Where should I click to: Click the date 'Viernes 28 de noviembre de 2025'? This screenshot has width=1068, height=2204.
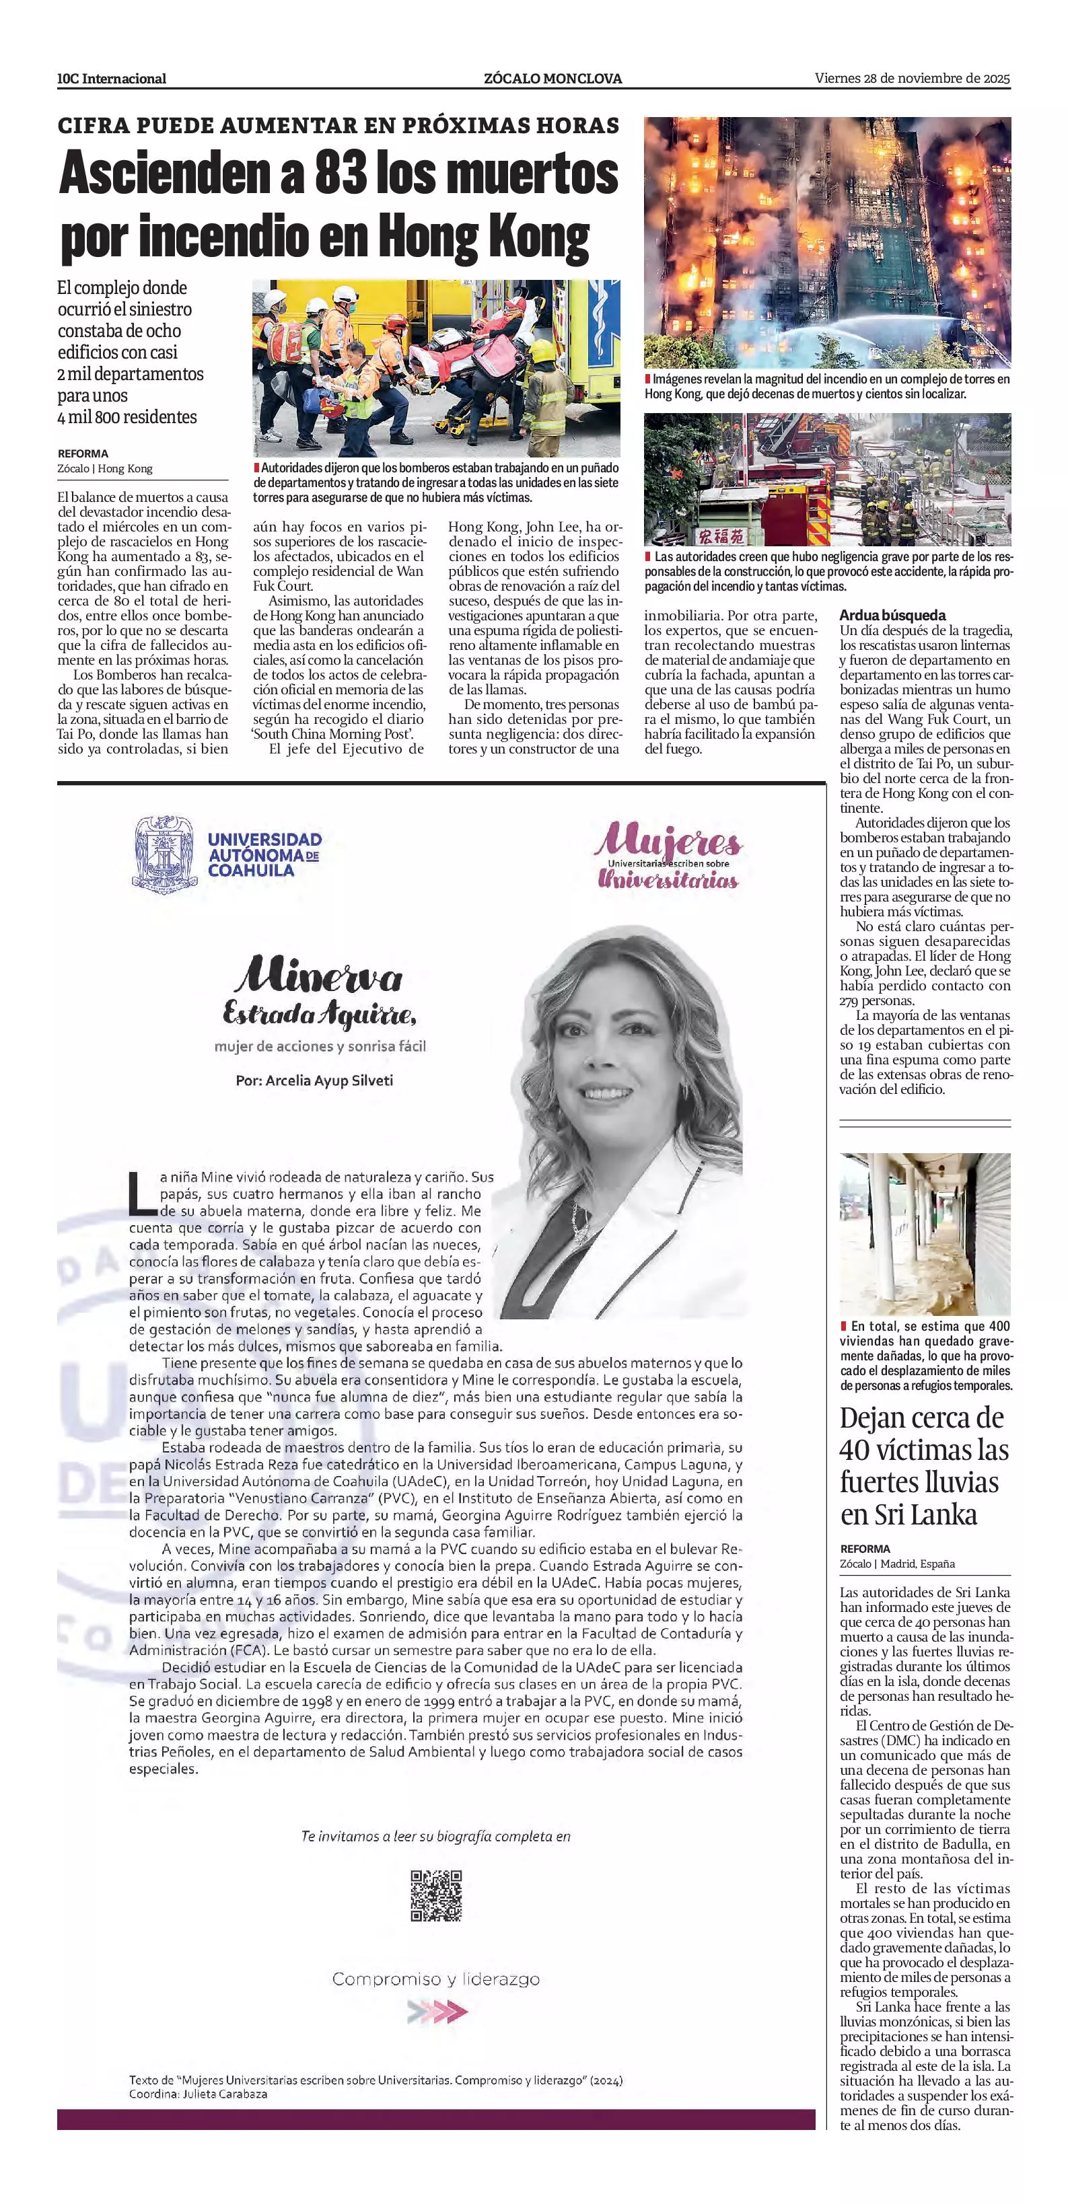(x=913, y=78)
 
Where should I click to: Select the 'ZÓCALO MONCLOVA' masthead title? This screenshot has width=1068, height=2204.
(x=553, y=79)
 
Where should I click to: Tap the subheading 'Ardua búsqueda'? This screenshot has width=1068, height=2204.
(x=892, y=615)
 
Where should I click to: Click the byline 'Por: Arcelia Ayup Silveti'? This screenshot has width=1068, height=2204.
(x=314, y=1080)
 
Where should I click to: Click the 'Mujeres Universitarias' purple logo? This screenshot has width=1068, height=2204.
(x=668, y=856)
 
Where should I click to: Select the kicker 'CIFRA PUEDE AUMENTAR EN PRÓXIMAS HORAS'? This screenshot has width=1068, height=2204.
(x=338, y=126)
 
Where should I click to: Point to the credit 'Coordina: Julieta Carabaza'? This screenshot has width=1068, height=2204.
(x=198, y=2094)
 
